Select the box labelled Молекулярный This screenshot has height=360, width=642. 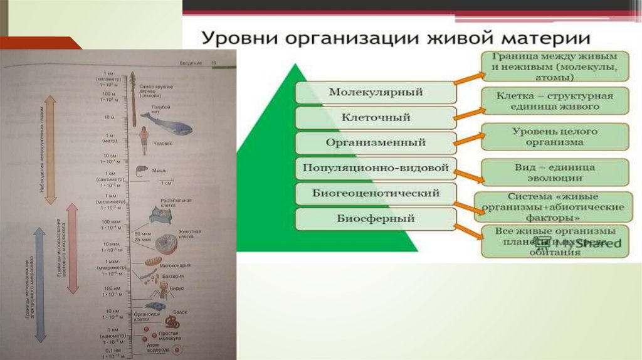coord(376,92)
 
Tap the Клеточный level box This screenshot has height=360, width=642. coord(376,117)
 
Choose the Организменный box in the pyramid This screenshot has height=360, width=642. coord(376,142)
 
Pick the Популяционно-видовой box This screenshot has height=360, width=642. coord(376,168)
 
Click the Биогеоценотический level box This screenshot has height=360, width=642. coord(376,193)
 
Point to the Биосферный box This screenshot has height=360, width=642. coord(376,219)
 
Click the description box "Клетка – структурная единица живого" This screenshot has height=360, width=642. coord(555,102)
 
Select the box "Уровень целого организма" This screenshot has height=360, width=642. coord(555,137)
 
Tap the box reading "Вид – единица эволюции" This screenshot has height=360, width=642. coord(555,172)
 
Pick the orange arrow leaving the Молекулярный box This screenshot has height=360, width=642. coord(470,80)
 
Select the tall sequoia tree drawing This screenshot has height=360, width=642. coord(134,100)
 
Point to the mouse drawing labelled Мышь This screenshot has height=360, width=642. coord(140,169)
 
